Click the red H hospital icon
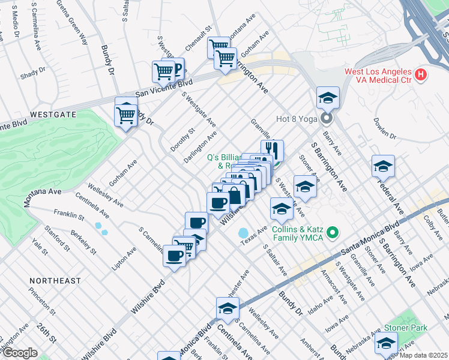[x=421, y=75]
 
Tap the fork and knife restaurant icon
[x=272, y=150]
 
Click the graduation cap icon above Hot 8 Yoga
[x=328, y=97]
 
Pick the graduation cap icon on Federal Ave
[x=383, y=166]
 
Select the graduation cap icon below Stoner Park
[x=386, y=343]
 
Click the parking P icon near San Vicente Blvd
[x=175, y=67]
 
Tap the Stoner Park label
[x=408, y=328]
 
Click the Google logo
[x=20, y=353]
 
